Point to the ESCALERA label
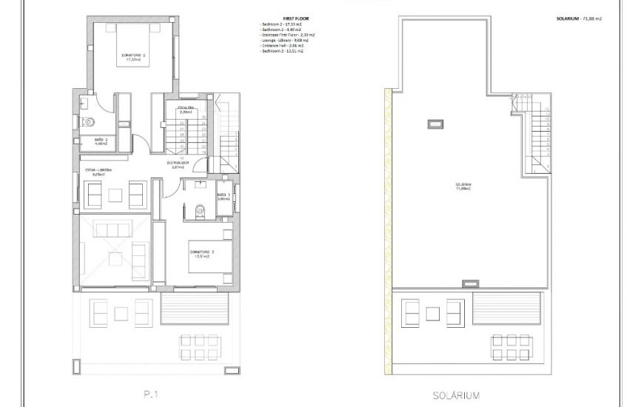pyautogui.click(x=185, y=110)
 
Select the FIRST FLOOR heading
pyautogui.click(x=285, y=19)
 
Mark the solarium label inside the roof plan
pyautogui.click(x=463, y=186)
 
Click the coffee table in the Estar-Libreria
pyautogui.click(x=115, y=195)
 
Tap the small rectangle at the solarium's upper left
pyautogui.click(x=435, y=124)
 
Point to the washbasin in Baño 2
pyautogui.click(x=84, y=104)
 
